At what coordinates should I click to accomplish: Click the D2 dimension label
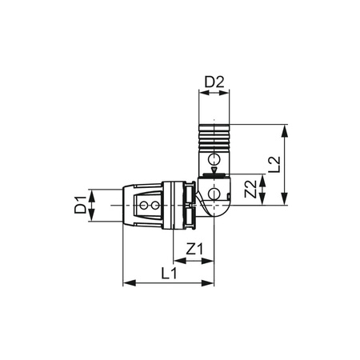(x=214, y=82)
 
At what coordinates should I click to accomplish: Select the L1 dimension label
(x=170, y=273)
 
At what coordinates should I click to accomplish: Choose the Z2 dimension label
(x=250, y=190)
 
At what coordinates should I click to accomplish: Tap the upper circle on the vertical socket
(x=214, y=158)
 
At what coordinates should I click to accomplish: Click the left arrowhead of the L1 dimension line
(x=126, y=283)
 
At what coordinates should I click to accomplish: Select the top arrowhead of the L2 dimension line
(x=285, y=127)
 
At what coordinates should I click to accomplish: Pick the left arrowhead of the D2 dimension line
(x=201, y=94)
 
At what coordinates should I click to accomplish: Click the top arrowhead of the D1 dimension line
(x=93, y=193)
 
